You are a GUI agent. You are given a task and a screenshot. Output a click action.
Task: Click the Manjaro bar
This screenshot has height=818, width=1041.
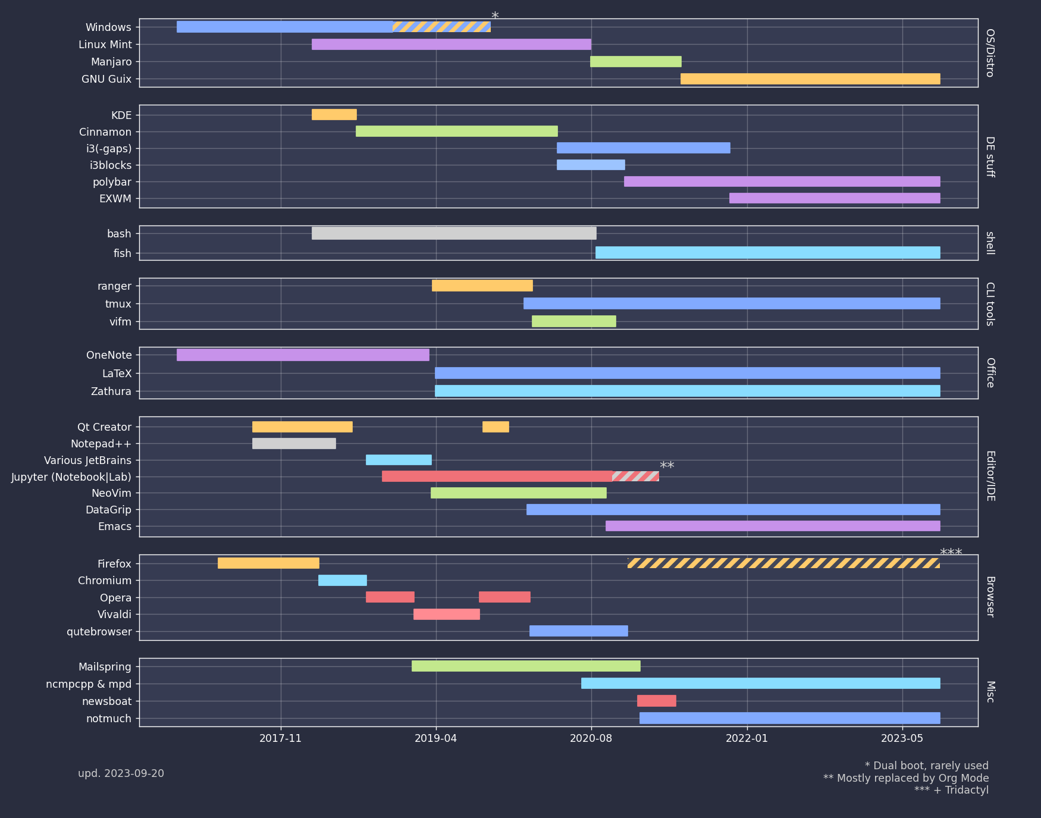pos(635,61)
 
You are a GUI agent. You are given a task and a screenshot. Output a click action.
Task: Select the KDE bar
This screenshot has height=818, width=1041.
pos(334,114)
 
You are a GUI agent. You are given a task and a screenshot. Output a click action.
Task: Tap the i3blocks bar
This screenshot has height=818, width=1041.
pos(591,165)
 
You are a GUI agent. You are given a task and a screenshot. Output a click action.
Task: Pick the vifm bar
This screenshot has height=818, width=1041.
pos(573,321)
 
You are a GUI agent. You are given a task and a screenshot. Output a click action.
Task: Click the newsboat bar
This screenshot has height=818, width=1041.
pos(656,701)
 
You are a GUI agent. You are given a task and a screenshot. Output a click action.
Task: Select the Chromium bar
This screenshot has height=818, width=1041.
pos(342,580)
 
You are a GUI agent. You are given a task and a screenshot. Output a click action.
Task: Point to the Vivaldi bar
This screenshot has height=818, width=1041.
pos(446,614)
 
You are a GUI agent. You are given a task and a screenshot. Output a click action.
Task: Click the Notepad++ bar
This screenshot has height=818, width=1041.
pos(294,443)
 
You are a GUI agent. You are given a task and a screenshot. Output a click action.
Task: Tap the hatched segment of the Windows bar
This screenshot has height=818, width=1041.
pos(441,27)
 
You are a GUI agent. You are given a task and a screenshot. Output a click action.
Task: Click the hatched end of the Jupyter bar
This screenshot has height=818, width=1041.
pos(635,476)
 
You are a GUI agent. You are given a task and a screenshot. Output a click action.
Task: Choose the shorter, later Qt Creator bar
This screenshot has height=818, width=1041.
pos(496,427)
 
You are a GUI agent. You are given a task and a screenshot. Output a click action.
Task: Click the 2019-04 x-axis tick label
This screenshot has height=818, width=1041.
pos(435,738)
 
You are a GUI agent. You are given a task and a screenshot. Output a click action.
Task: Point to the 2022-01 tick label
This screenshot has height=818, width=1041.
pos(747,738)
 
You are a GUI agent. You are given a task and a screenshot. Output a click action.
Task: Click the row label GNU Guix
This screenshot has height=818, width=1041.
pos(106,79)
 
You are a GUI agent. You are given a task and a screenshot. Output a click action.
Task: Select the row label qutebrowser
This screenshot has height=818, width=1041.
pos(99,632)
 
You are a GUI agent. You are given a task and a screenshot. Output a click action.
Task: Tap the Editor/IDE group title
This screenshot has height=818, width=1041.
pos(990,476)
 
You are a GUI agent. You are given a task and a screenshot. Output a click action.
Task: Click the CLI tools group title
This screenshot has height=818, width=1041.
pos(990,303)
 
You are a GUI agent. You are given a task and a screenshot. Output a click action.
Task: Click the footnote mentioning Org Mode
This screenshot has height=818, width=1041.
pos(905,778)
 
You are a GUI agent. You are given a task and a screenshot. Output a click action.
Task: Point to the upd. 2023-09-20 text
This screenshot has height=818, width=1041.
pos(121,773)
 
